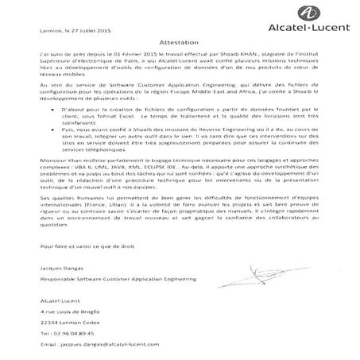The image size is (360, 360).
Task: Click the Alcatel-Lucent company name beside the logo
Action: (306, 37)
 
